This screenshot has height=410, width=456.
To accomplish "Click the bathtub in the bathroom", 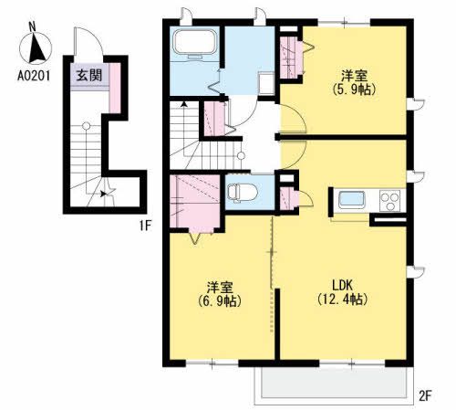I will (x=192, y=46).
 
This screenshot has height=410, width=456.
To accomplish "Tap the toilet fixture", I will (x=239, y=193).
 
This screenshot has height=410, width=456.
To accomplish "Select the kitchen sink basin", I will (x=351, y=201).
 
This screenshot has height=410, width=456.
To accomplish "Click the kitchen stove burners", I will (x=390, y=201).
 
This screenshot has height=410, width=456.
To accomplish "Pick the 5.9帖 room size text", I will (x=354, y=89).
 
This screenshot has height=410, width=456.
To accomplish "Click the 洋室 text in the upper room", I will (x=355, y=75).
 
